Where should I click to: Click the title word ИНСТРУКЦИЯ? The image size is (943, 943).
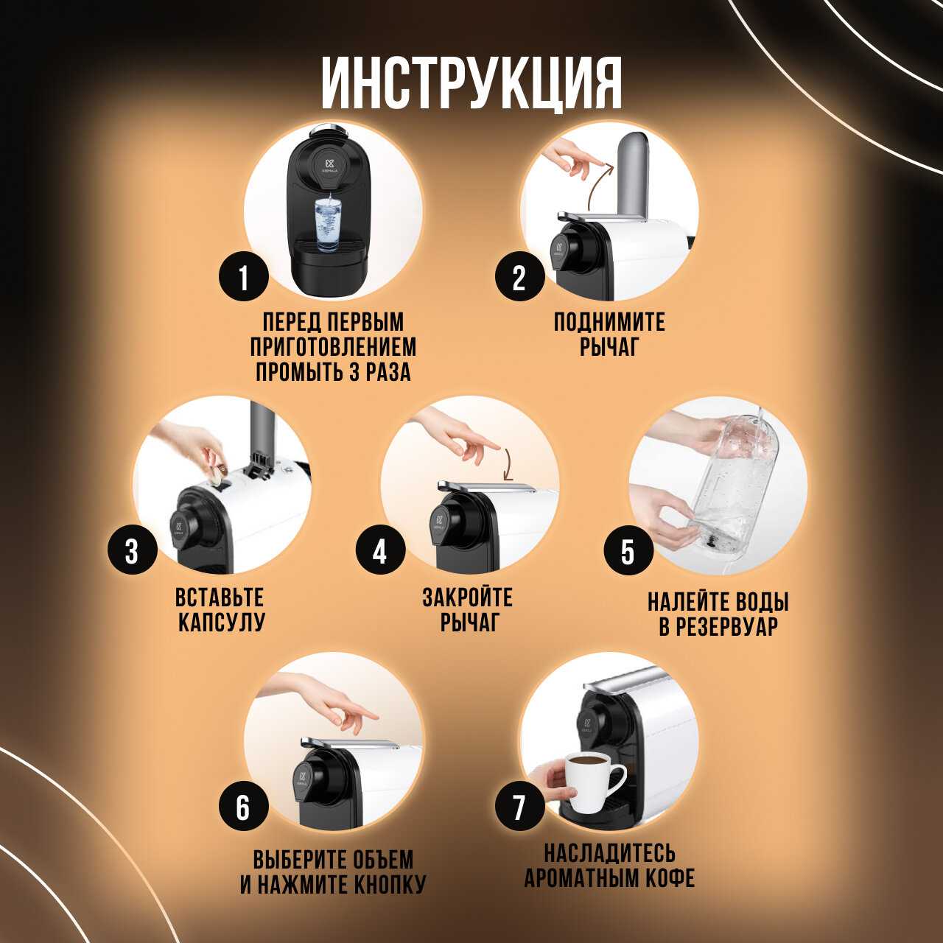pos(471,84)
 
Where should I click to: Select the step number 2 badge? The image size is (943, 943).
pos(519,278)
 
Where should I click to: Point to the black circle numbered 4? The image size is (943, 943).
pos(380,551)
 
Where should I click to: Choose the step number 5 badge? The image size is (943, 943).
pos(628,551)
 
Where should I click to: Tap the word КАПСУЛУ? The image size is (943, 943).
pos(221,622)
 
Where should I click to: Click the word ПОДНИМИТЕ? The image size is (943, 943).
pos(609,322)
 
